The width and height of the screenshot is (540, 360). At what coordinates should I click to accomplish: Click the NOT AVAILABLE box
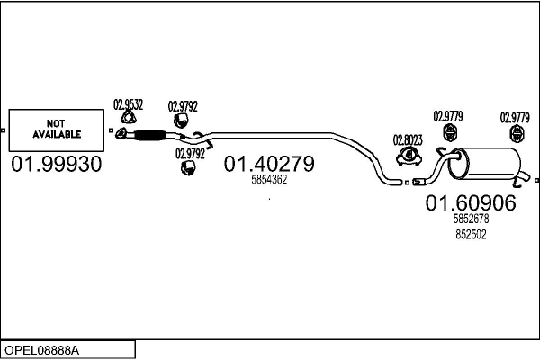click(57, 129)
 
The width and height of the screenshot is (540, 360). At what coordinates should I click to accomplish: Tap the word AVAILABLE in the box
click(57, 134)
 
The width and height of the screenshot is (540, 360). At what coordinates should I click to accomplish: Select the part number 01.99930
click(57, 165)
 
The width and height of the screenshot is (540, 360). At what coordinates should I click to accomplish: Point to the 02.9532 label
click(128, 103)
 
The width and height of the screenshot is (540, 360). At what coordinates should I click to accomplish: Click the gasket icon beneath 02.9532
click(130, 119)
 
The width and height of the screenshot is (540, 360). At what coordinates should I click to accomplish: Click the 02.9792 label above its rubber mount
click(183, 106)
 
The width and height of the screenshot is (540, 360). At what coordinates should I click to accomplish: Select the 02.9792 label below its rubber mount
click(190, 154)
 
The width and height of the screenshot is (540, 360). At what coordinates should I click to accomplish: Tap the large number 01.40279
click(269, 164)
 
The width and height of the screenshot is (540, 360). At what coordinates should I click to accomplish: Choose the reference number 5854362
click(268, 180)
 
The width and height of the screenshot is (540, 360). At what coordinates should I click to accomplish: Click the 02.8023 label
click(408, 139)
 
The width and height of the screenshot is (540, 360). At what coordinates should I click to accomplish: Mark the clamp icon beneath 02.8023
click(409, 158)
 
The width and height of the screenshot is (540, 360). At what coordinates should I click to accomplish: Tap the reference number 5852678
click(470, 219)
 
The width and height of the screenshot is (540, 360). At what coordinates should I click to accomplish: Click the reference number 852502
click(470, 234)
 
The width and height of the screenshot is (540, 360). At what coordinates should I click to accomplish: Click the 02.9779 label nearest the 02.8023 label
click(448, 115)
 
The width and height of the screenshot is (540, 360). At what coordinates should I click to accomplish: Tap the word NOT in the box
click(57, 123)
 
